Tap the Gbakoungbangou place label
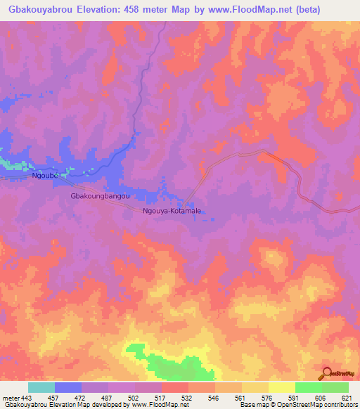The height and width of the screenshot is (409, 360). click(101, 197)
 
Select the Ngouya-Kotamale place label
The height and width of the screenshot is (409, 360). click(172, 211)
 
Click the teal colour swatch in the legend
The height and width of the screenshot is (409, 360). click(41, 387)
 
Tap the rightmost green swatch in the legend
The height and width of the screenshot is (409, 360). click(335, 387)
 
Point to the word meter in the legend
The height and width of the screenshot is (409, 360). click(10, 398)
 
